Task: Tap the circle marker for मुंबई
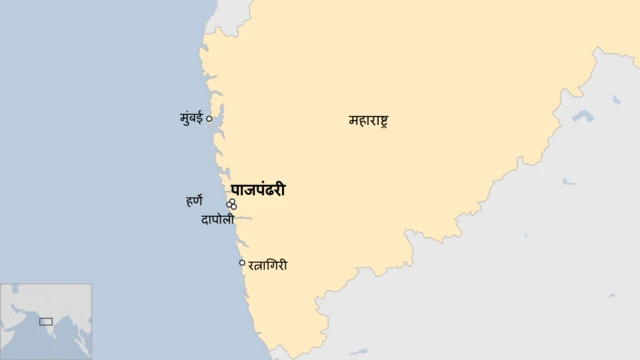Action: point(209,119)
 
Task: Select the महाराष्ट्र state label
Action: point(368,121)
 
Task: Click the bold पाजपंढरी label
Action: point(258,188)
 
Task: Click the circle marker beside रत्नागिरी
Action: point(242,263)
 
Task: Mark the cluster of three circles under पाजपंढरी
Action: point(232,204)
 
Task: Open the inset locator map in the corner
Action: point(46,321)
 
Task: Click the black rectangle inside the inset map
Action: point(45,321)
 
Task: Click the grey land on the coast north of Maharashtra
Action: point(231,12)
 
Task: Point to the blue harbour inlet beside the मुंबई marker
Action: point(216,124)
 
